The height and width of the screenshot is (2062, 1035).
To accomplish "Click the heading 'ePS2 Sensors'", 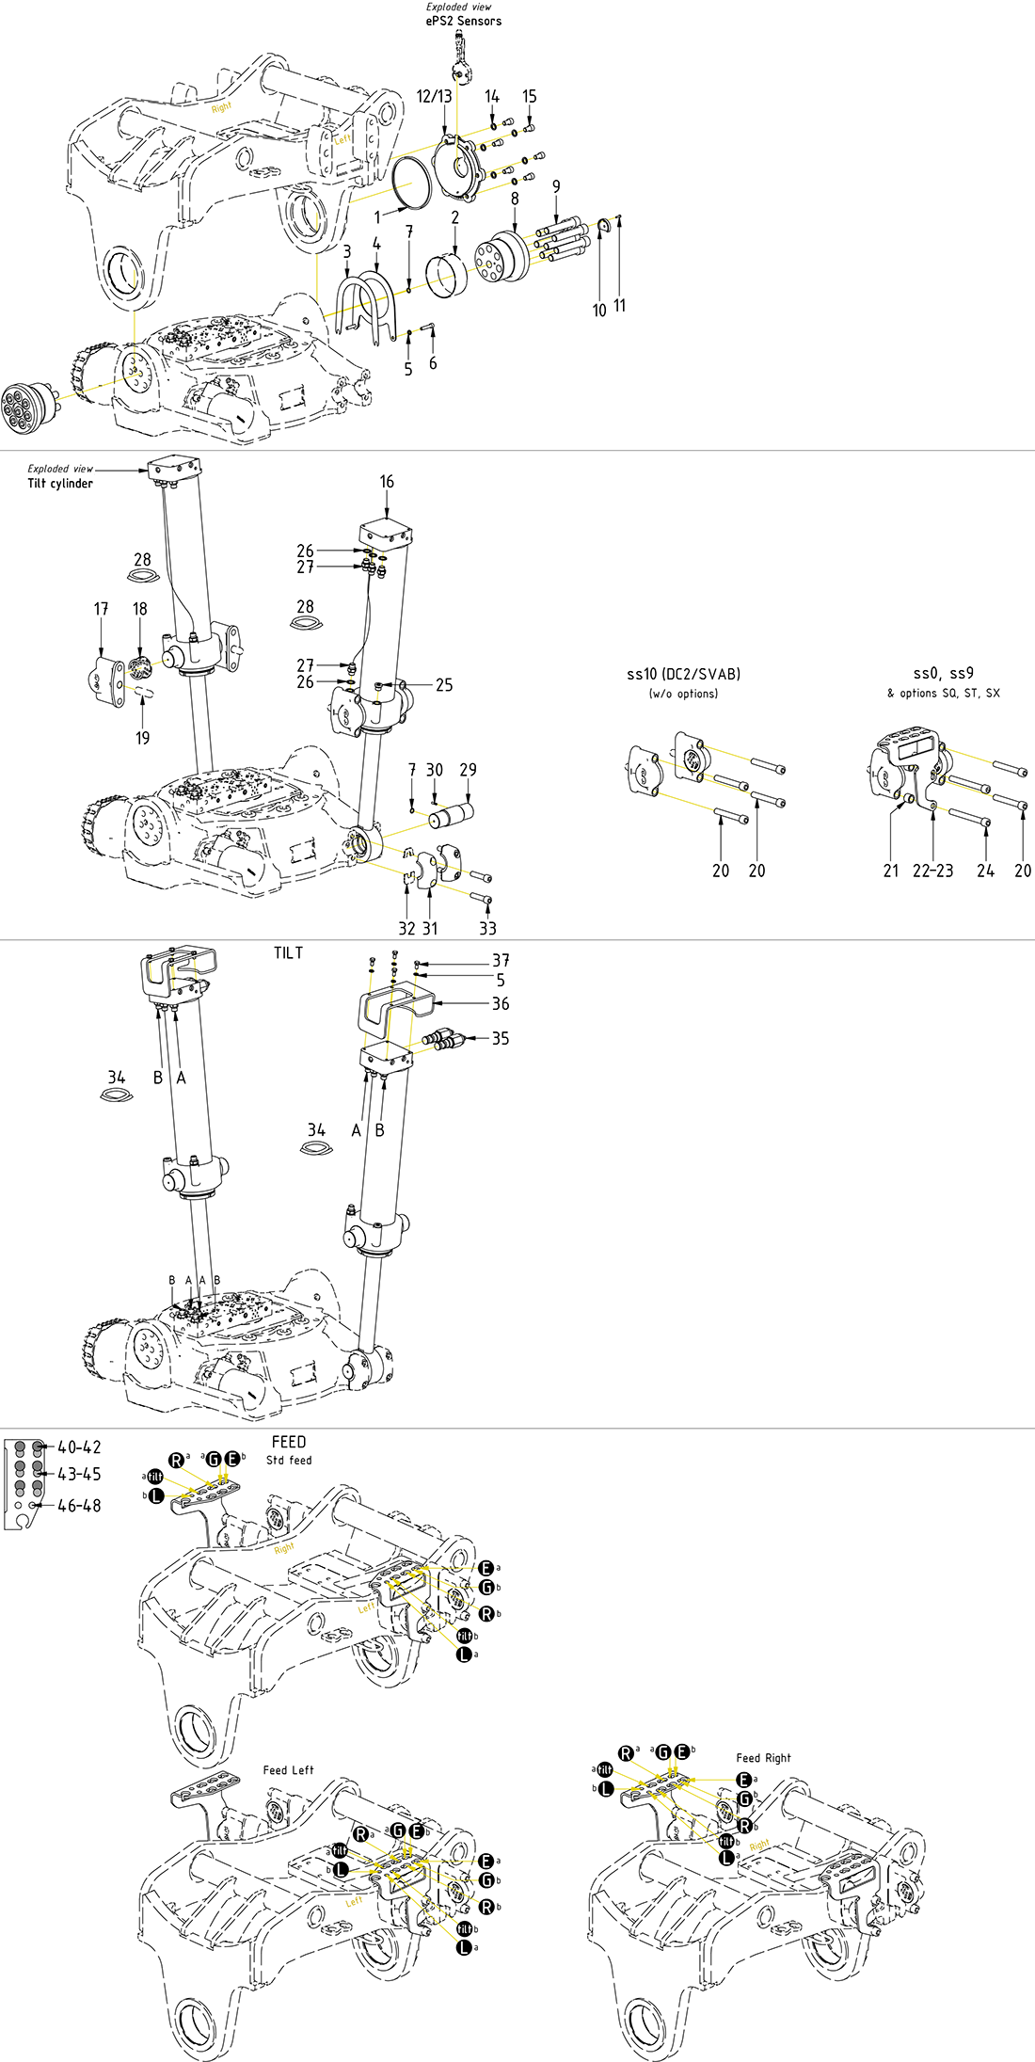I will point(463,21).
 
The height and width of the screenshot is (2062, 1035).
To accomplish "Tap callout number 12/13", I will point(434,96).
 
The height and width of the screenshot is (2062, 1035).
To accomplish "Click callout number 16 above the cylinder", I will point(387,482).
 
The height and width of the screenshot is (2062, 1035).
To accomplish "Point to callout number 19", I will point(142,738).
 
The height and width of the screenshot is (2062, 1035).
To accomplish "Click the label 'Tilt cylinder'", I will point(60,484).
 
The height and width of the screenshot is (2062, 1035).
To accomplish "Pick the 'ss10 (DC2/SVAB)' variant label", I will point(683,674).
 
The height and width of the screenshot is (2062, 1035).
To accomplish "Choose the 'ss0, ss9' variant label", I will point(943,673).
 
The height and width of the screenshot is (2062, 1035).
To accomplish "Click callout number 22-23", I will point(932,871).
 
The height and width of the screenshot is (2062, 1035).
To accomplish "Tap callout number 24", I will point(985,871).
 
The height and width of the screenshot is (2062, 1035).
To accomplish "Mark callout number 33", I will point(487,928).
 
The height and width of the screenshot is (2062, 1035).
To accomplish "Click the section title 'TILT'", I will point(288,952).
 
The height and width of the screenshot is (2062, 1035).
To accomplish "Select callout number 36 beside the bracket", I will point(501,1003).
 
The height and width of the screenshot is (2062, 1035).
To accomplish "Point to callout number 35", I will point(501,1038).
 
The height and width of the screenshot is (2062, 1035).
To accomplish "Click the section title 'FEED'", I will point(288,1442).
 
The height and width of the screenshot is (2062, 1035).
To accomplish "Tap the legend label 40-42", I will point(79,1447).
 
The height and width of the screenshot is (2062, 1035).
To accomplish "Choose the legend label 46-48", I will point(79,1506).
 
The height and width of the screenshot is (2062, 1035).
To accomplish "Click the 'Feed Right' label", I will point(763,1758).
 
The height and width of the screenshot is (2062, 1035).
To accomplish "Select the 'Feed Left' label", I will point(288,1770).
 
